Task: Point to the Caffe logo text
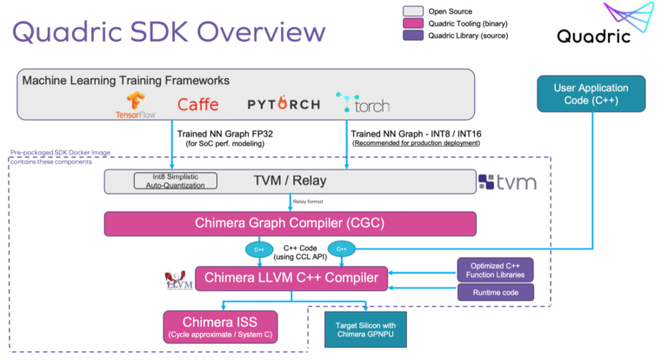coord(198,104)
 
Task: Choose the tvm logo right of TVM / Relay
coord(507,182)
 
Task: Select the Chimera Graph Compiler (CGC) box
coord(291,223)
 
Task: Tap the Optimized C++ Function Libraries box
coord(495,269)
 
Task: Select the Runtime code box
coord(495,293)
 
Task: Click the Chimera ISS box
coord(221,325)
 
